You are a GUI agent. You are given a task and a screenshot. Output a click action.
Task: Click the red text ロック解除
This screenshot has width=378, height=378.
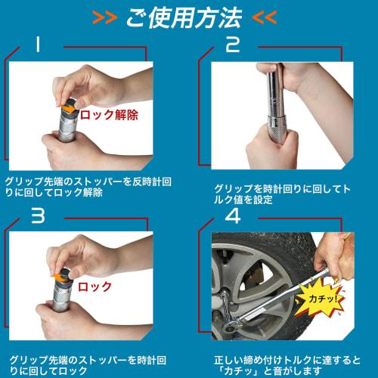click(110, 115)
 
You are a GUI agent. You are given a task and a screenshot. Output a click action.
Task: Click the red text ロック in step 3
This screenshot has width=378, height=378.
click(95, 287)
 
